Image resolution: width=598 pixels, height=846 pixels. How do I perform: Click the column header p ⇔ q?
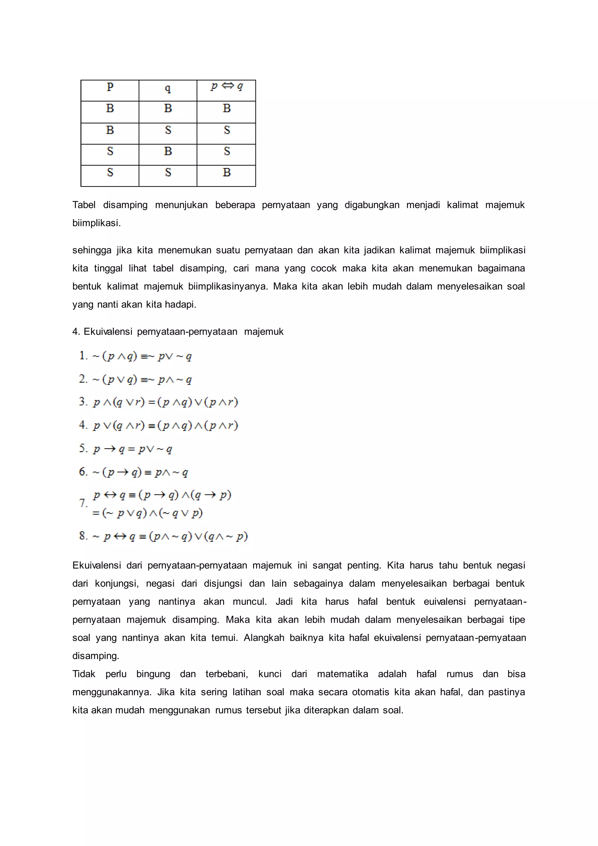227,86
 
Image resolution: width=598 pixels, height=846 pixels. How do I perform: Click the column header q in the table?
168,88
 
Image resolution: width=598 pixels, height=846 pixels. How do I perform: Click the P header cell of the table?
110,87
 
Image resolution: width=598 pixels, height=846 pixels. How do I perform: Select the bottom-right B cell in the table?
227,172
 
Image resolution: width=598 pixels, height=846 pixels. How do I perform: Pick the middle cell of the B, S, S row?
168,130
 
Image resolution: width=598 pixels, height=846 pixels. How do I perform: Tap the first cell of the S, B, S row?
110,151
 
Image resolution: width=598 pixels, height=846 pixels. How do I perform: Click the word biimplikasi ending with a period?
96,223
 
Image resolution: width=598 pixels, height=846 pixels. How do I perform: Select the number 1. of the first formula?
83,356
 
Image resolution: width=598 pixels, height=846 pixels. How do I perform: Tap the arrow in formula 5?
109,449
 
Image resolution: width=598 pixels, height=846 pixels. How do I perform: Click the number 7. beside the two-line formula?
83,503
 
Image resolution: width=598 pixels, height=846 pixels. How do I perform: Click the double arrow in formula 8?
120,536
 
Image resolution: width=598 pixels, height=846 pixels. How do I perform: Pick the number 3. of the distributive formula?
83,402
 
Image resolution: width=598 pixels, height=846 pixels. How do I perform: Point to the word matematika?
342,674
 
